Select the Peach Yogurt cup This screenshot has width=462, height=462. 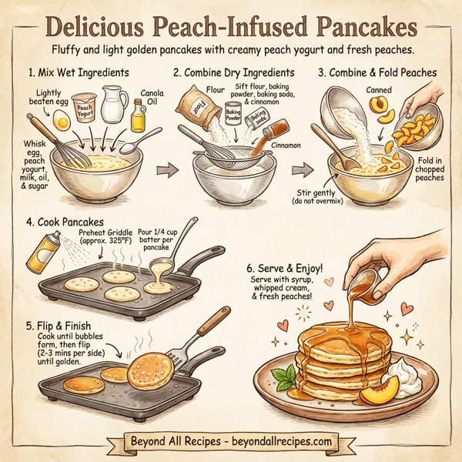click(x=85, y=110)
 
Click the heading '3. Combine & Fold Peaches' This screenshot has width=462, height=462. click(x=377, y=73)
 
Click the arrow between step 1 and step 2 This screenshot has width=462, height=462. click(x=162, y=169)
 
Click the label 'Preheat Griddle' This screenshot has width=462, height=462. click(x=105, y=232)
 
